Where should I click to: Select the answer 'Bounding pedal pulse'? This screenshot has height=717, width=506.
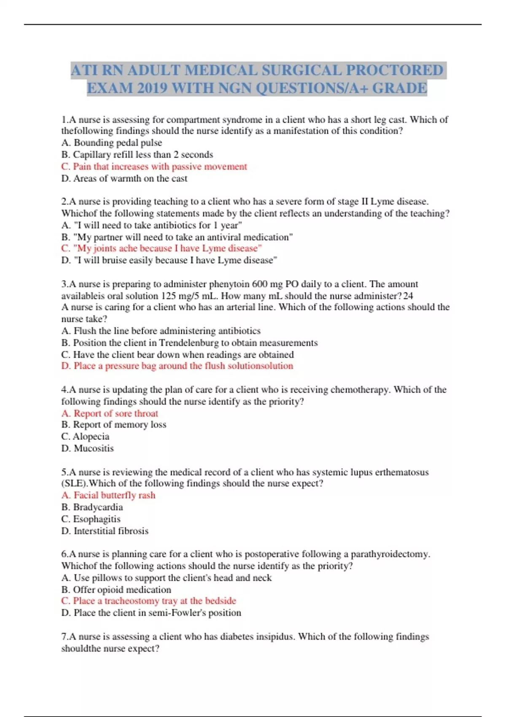pyautogui.click(x=112, y=143)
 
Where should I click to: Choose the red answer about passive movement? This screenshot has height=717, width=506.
pyautogui.click(x=154, y=167)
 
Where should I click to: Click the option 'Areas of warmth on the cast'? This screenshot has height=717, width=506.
pyautogui.click(x=124, y=178)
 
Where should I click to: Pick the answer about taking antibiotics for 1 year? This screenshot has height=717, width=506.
pyautogui.click(x=152, y=225)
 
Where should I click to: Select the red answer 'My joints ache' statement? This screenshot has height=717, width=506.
pyautogui.click(x=161, y=248)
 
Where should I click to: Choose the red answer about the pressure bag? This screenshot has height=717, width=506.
pyautogui.click(x=177, y=366)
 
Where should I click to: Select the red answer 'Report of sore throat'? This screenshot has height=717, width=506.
pyautogui.click(x=110, y=413)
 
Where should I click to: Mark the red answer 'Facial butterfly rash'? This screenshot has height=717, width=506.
pyautogui.click(x=108, y=495)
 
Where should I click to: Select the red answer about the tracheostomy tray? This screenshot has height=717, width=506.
pyautogui.click(x=149, y=601)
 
